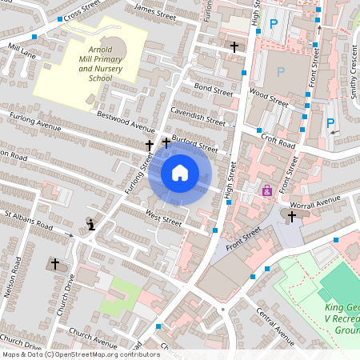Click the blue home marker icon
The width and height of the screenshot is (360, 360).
click(x=180, y=172)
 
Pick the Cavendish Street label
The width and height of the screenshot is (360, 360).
click(x=198, y=117)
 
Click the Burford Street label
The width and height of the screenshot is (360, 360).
click(x=198, y=145)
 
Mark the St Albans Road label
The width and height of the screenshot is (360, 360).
click(x=29, y=221)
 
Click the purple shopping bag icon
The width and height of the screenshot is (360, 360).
click(x=267, y=191)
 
